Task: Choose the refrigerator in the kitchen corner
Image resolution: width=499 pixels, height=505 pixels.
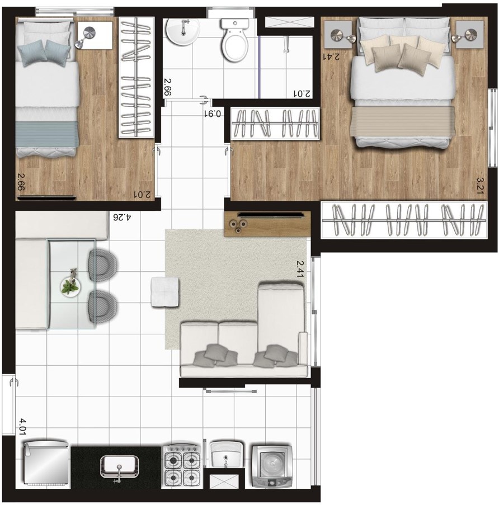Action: pos(46,464)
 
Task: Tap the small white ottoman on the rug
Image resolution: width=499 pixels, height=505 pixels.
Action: pos(165,292)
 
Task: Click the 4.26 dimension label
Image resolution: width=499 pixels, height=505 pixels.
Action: pos(122,218)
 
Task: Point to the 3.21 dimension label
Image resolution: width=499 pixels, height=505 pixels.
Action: pos(481,185)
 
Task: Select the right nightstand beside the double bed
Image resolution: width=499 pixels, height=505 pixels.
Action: pos(470,35)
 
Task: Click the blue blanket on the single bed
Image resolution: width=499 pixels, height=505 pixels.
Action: pos(47,134)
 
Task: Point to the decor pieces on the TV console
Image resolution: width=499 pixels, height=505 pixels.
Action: pos(238,225)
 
